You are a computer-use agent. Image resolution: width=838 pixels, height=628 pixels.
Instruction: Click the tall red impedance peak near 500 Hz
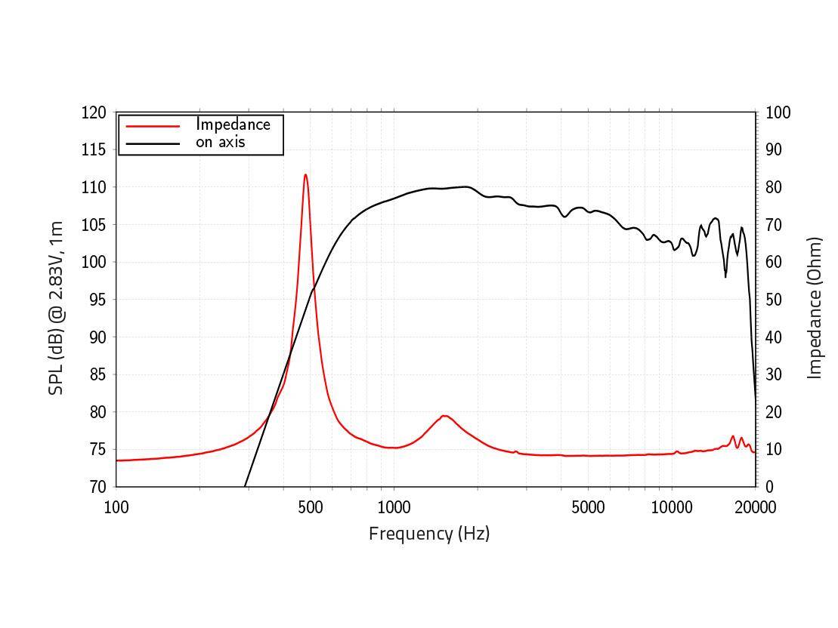(305, 176)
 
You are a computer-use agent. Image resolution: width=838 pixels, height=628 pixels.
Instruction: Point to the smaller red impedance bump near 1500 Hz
(444, 416)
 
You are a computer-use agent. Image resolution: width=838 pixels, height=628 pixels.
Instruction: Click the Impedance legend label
(233, 125)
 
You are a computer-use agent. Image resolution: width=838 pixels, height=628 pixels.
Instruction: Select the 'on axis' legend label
(221, 142)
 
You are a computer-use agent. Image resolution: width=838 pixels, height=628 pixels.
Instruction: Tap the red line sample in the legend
(153, 126)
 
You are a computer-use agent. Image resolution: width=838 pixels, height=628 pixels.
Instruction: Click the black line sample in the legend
(153, 143)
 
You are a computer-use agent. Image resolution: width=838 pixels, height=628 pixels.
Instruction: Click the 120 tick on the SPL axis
(94, 112)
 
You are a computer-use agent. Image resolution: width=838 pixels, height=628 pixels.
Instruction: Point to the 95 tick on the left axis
(97, 300)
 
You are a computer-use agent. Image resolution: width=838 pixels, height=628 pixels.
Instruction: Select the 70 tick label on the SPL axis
(97, 487)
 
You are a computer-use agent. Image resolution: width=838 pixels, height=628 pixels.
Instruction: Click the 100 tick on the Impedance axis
(778, 112)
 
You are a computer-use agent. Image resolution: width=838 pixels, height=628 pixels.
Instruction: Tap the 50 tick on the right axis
(775, 300)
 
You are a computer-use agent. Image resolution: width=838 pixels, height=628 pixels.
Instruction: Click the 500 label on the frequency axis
(311, 507)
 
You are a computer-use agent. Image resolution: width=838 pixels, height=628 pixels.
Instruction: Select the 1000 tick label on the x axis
(394, 507)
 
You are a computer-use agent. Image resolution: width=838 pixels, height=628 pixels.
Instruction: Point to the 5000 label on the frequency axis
(588, 507)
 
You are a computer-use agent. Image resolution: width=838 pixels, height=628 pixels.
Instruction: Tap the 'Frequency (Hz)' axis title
(429, 534)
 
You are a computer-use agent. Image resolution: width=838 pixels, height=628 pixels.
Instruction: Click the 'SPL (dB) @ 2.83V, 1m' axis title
(56, 308)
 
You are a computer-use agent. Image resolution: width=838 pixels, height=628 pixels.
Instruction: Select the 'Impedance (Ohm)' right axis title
(815, 308)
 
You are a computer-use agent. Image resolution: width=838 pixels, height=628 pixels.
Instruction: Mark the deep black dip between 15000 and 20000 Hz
(725, 276)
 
